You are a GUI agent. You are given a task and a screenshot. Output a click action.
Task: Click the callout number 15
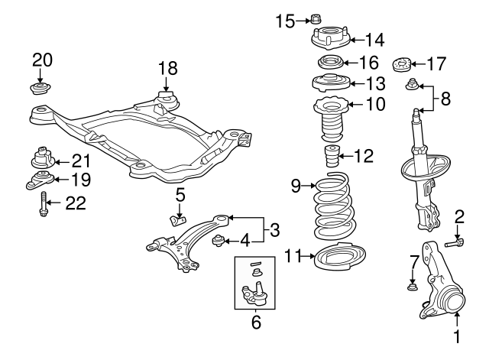[283, 21]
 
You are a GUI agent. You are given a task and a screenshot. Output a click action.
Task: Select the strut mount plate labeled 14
[329, 37]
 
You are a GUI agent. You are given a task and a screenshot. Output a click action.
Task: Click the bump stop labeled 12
[332, 157]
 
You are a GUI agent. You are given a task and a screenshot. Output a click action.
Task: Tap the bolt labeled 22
[44, 204]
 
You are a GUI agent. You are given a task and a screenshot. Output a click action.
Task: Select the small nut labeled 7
[412, 287]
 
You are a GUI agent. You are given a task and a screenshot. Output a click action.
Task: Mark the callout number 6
[256, 322]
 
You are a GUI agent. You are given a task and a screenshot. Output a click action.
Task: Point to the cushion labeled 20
[40, 87]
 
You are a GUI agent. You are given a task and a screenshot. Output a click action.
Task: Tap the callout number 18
[167, 68]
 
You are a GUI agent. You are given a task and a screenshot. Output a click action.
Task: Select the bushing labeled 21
[42, 160]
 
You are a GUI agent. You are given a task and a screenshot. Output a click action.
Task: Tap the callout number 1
[458, 336]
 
